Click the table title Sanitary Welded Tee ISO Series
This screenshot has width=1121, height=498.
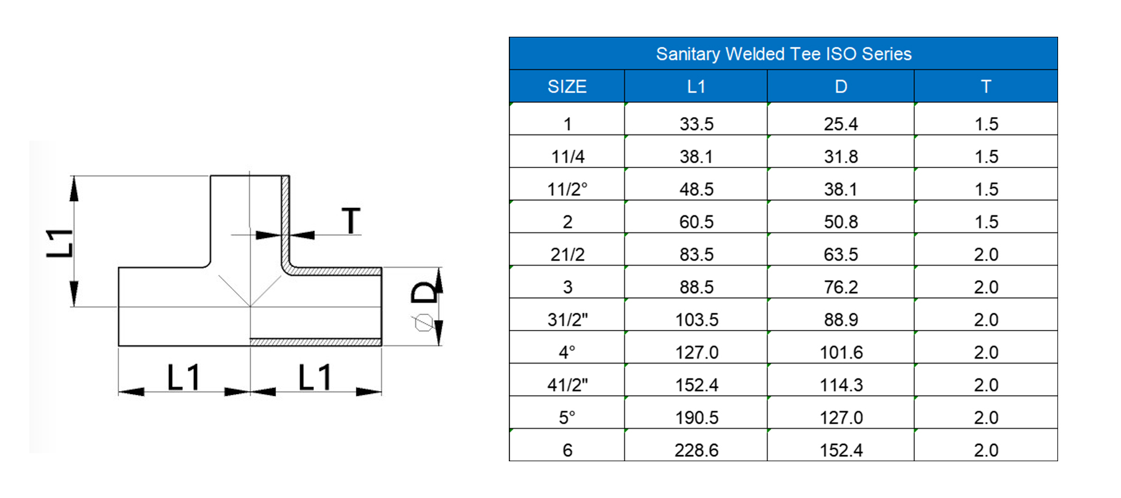pyautogui.click(x=783, y=54)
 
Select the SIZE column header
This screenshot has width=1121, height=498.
pyautogui.click(x=567, y=87)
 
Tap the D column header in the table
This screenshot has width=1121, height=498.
pyautogui.click(x=841, y=87)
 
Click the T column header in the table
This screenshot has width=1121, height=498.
pyautogui.click(x=986, y=87)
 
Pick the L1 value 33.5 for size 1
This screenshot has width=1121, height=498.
pyautogui.click(x=696, y=124)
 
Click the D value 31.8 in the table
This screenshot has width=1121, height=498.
pyautogui.click(x=841, y=156)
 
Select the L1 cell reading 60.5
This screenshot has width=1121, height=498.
pyautogui.click(x=696, y=222)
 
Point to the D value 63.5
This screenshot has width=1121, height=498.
pyautogui.click(x=841, y=254)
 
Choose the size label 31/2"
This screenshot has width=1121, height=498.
pyautogui.click(x=567, y=319)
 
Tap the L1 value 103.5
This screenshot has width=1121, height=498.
pyautogui.click(x=697, y=319)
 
